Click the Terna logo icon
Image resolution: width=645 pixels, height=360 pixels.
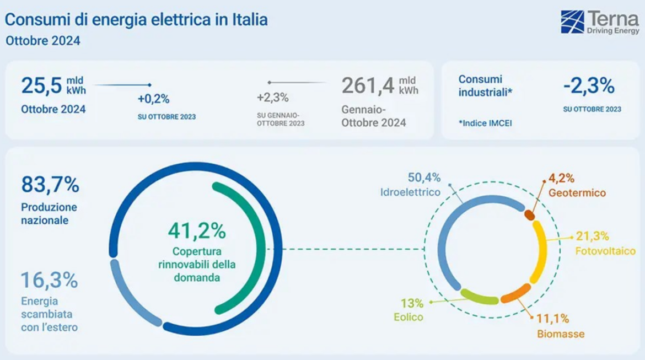point(572,22)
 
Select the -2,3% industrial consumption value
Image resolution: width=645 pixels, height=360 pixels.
point(589,86)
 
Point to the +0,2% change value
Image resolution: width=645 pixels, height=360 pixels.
point(153,99)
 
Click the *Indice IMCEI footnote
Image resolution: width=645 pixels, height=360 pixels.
point(485,123)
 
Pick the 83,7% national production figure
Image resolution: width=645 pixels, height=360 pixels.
point(50,185)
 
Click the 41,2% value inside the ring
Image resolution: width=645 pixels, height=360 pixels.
point(197,231)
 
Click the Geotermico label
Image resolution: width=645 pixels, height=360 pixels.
point(577,193)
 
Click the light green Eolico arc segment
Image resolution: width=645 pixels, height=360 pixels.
point(479,297)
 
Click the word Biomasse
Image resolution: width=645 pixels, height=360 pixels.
point(561,334)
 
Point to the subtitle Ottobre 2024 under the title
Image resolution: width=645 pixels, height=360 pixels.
point(42,41)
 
